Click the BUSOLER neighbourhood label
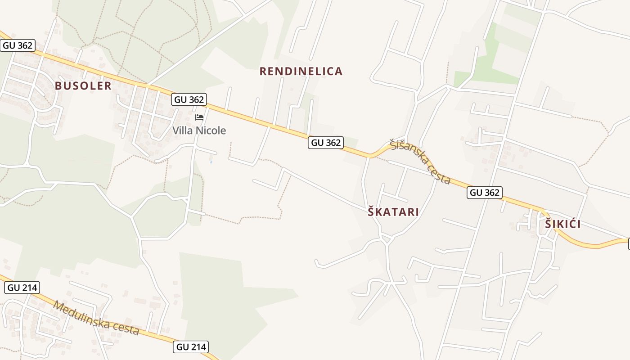[x=83, y=86]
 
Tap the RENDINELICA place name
[x=301, y=71]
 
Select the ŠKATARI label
[x=393, y=212]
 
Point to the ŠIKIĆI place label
[x=562, y=224]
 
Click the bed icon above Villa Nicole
[x=199, y=117]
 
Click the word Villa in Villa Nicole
[x=183, y=131]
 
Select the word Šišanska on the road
[x=408, y=153]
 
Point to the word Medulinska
[x=81, y=315]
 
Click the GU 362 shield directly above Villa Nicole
[x=189, y=99]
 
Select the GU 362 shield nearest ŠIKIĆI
[x=484, y=193]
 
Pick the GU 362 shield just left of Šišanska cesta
[x=326, y=143]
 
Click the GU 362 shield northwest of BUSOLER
[x=18, y=45]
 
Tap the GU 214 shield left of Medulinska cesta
[x=22, y=288]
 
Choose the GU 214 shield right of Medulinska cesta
[x=191, y=347]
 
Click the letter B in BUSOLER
[x=58, y=86]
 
